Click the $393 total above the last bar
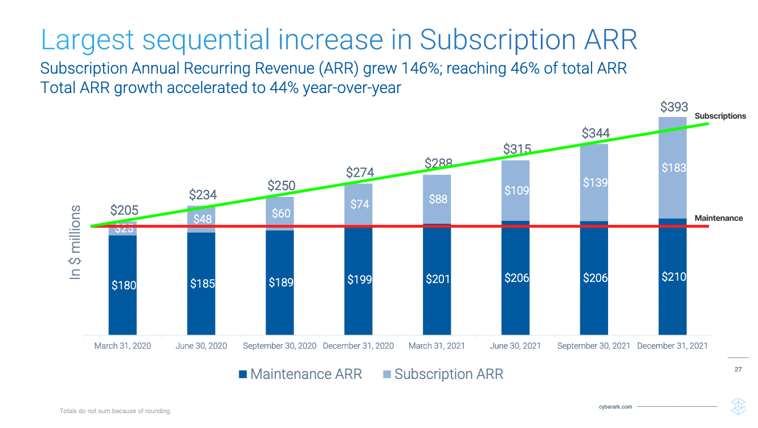click(x=674, y=107)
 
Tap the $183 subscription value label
click(x=673, y=168)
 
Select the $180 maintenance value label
click(x=123, y=285)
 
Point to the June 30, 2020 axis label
click(x=201, y=346)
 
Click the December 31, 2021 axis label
click(x=673, y=346)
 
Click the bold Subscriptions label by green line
click(x=720, y=116)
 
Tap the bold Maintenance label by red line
click(x=719, y=218)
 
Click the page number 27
click(x=738, y=370)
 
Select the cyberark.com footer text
click(x=616, y=407)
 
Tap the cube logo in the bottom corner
click(x=738, y=405)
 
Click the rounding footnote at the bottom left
click(x=116, y=411)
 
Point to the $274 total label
click(x=360, y=172)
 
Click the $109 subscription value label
click(x=516, y=190)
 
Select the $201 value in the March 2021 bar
click(x=438, y=279)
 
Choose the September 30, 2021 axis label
click(x=593, y=346)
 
